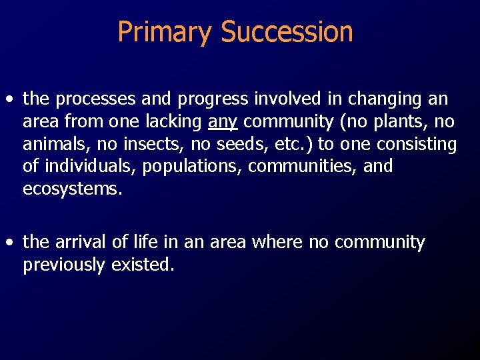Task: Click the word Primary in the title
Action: tap(165, 32)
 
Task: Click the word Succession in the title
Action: tap(287, 32)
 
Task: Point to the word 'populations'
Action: tap(193, 166)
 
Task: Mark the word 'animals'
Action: tap(52, 144)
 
